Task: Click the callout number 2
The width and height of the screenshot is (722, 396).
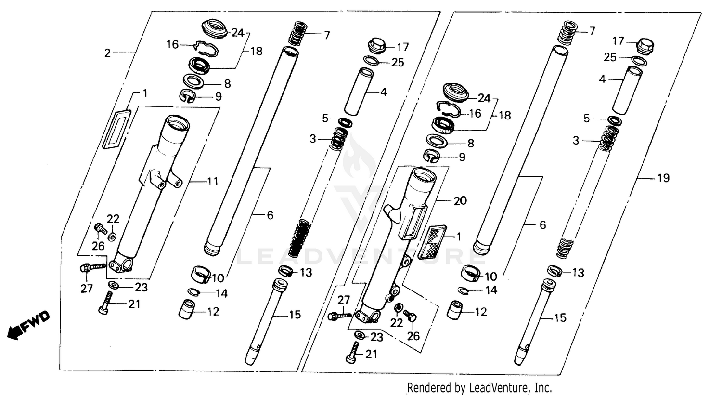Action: pos(107,53)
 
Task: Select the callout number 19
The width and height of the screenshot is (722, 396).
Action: pos(663,178)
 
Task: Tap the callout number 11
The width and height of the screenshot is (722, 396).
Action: pos(212,182)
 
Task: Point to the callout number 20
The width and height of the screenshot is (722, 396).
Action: pos(460,200)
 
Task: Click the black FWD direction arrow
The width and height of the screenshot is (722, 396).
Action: pos(14,331)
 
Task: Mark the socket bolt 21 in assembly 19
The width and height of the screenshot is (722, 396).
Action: pos(352,353)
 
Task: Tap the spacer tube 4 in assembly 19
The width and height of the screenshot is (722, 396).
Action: pos(626,90)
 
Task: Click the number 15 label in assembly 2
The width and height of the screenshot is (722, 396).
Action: pos(295,315)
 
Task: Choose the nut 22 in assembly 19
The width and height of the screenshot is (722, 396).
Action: pos(398,308)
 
